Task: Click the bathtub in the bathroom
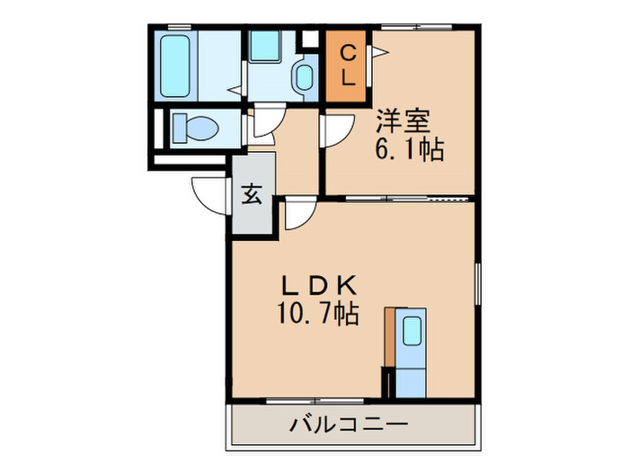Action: [x=174, y=67]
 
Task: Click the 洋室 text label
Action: [x=403, y=120]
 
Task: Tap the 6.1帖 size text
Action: [x=410, y=149]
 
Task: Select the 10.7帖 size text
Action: [x=319, y=314]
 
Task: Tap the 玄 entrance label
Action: [x=252, y=194]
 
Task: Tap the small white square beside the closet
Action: [x=310, y=40]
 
